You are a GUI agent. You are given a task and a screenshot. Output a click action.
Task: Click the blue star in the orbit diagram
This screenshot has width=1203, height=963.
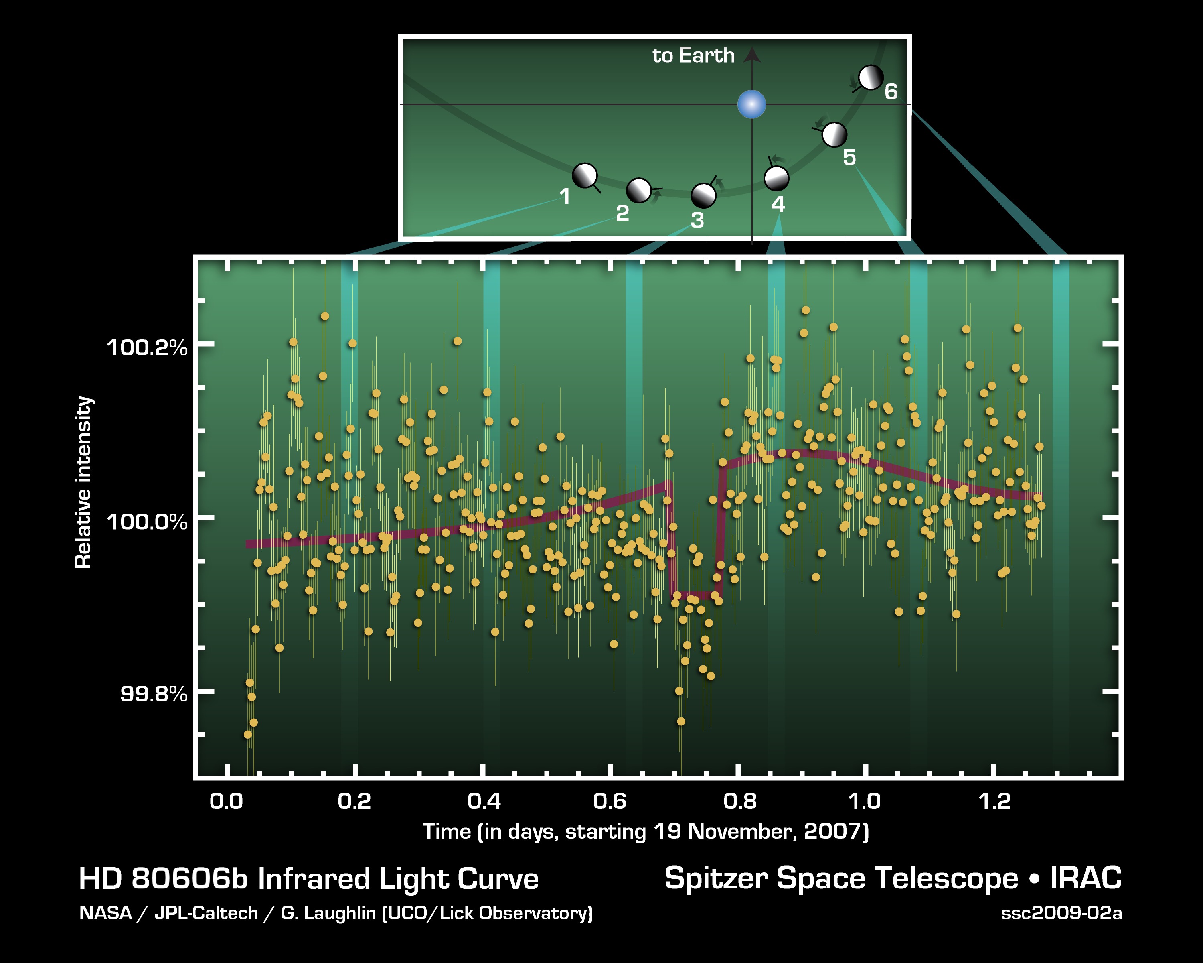(751, 104)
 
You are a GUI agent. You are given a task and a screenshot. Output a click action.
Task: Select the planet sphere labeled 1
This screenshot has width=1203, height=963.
(585, 176)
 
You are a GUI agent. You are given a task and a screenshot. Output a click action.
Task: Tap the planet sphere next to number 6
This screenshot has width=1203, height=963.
(871, 77)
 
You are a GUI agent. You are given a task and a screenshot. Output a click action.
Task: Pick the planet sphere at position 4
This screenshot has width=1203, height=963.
(776, 178)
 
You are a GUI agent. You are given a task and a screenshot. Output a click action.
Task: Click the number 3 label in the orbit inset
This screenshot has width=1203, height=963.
(697, 220)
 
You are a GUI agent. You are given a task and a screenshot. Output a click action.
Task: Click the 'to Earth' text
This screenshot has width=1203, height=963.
(694, 55)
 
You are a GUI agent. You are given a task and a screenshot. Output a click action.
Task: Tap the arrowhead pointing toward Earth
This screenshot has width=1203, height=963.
(752, 54)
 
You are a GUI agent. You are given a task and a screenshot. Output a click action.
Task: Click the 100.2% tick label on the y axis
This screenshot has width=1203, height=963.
(147, 348)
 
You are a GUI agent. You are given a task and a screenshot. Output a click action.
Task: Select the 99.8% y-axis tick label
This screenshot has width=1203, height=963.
(154, 694)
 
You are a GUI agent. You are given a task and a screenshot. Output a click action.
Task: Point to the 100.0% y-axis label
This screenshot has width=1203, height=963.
(147, 522)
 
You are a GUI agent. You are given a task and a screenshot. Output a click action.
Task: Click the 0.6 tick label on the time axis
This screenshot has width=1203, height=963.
(610, 802)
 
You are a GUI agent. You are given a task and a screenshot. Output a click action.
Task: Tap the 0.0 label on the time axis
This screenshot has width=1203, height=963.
(226, 802)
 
